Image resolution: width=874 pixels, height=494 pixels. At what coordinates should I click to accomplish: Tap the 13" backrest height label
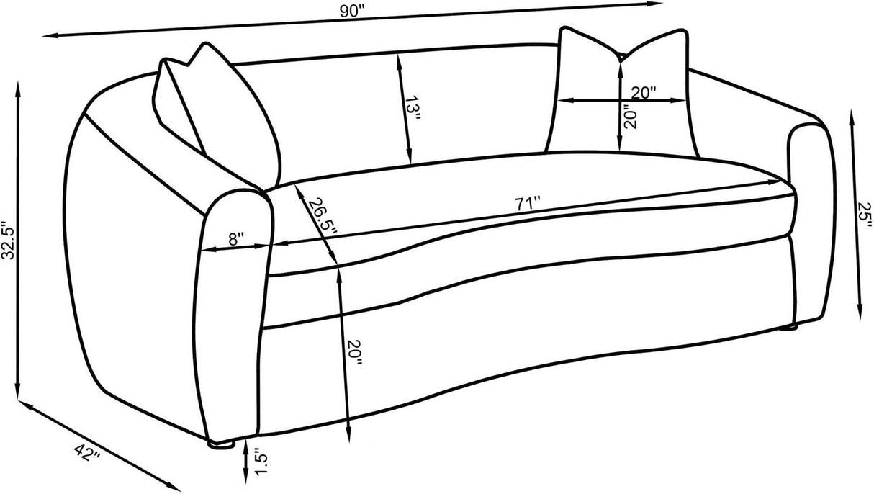click(x=411, y=110)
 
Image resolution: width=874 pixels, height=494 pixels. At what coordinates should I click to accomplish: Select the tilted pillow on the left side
click(x=216, y=108)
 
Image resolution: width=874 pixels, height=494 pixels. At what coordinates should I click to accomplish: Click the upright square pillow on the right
click(x=623, y=90)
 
